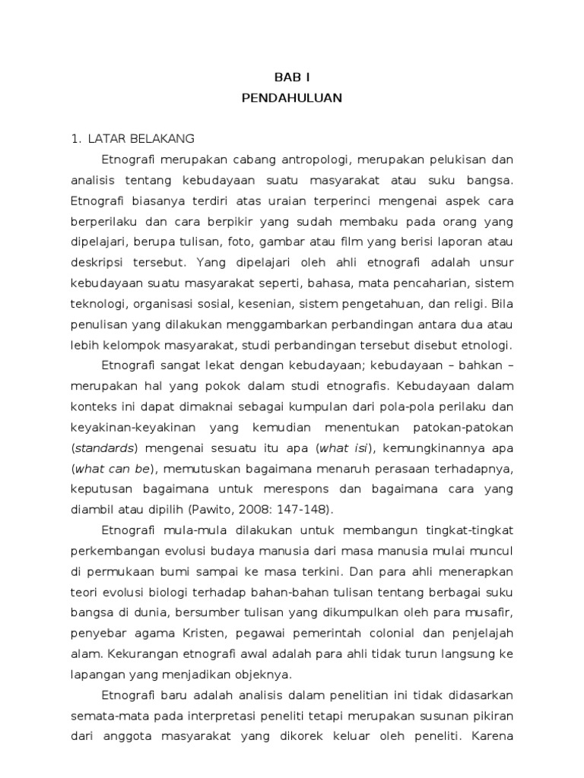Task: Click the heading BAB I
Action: pyautogui.click(x=292, y=77)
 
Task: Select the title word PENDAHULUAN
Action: pyautogui.click(x=292, y=97)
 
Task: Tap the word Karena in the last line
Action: pyautogui.click(x=492, y=735)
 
